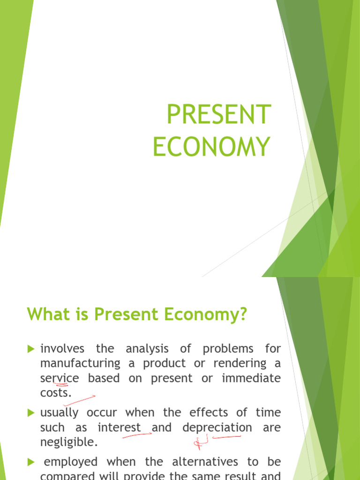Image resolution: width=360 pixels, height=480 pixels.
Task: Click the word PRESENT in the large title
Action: point(219,114)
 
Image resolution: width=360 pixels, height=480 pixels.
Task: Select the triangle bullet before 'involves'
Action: point(31,349)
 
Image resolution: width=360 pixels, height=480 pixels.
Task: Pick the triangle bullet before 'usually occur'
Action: point(31,413)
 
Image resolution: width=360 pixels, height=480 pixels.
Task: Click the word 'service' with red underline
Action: point(60,378)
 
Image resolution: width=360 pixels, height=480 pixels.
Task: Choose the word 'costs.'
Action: point(56,393)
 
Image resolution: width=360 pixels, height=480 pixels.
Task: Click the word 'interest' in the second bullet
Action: point(119,427)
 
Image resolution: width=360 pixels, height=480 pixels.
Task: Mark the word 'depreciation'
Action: point(217,427)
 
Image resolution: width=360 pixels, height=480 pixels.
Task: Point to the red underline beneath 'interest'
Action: point(136,435)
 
